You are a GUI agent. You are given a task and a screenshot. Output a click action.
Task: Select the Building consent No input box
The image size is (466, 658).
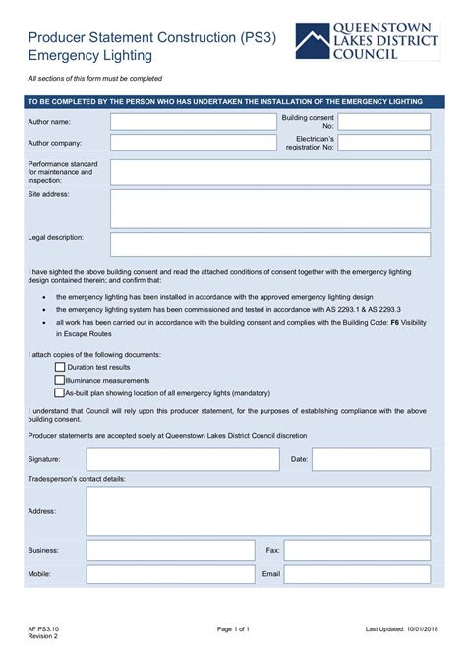coord(384,122)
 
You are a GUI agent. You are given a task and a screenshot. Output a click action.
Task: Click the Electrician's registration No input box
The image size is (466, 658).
coord(384,144)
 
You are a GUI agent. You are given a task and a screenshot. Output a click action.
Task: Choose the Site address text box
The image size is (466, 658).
coord(270,209)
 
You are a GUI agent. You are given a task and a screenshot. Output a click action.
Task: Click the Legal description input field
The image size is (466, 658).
coord(270,244)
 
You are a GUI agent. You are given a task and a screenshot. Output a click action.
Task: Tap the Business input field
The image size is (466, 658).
coord(171,551)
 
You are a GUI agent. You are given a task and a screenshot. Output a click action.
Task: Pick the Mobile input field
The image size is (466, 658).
coord(171,573)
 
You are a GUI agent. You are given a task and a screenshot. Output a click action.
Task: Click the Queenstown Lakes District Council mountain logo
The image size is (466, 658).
coord(314,42)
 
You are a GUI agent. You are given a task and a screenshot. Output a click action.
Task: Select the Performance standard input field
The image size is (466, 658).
coord(270,172)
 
